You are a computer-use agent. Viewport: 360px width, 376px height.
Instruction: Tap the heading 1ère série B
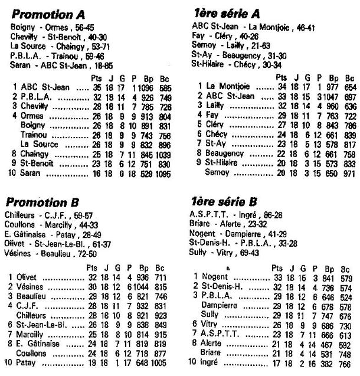tap(227, 201)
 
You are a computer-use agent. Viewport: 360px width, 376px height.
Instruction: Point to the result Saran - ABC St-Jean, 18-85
tap(57, 64)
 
